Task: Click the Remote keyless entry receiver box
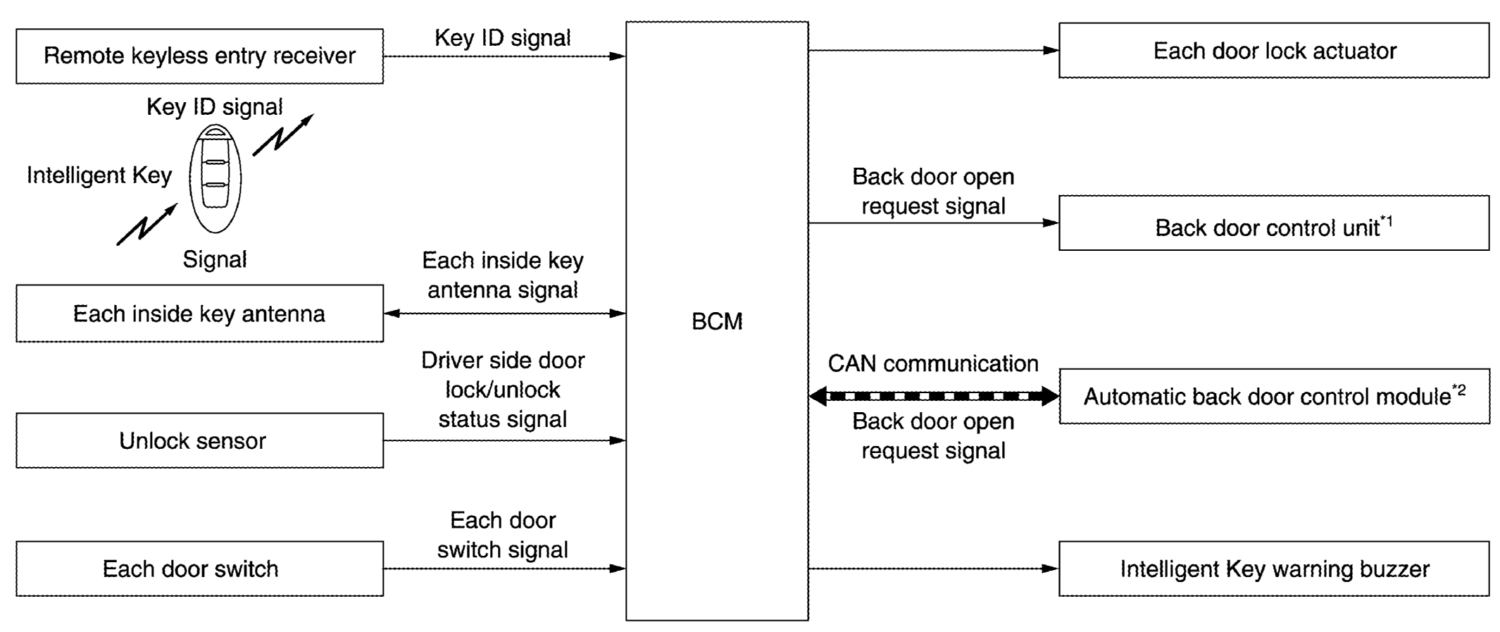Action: (x=199, y=56)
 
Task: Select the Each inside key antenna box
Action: (x=199, y=314)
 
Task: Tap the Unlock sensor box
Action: (x=199, y=441)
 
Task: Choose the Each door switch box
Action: (x=199, y=569)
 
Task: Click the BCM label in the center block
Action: (x=717, y=321)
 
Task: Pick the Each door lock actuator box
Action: (x=1273, y=51)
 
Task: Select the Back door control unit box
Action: (x=1273, y=223)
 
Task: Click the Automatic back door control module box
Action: (x=1273, y=396)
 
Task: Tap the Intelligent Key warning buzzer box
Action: (x=1273, y=569)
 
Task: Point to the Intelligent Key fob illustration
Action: (x=215, y=179)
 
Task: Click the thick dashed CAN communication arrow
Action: (x=934, y=396)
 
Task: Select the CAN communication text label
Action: (x=933, y=364)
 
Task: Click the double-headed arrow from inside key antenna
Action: (x=504, y=314)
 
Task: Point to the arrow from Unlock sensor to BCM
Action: (x=504, y=441)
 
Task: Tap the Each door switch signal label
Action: (x=503, y=535)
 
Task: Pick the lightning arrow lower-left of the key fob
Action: (x=146, y=225)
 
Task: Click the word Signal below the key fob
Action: (x=215, y=260)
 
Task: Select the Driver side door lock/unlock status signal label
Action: (x=503, y=390)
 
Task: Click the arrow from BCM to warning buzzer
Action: (x=933, y=569)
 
